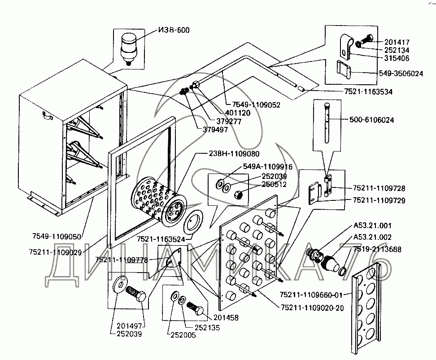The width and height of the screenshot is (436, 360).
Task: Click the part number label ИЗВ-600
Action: [x=174, y=30]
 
